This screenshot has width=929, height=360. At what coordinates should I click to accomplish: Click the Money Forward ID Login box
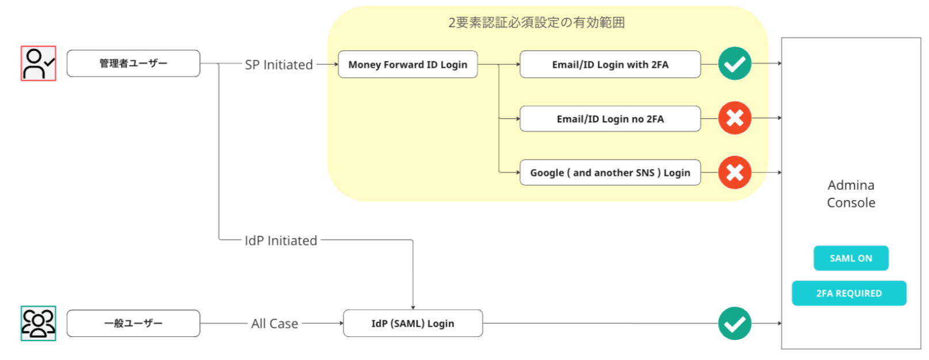(x=407, y=64)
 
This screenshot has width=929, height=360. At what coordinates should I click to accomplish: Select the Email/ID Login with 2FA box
(x=610, y=64)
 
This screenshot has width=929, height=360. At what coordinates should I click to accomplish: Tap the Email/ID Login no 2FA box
(x=610, y=118)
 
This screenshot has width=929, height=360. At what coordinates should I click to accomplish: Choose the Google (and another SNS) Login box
(x=610, y=173)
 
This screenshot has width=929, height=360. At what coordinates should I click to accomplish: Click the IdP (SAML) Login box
(x=412, y=323)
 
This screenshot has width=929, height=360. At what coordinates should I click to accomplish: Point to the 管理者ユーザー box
(x=133, y=63)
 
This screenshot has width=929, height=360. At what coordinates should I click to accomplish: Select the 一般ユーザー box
(x=133, y=323)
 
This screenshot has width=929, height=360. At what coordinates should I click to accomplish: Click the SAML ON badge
(x=850, y=258)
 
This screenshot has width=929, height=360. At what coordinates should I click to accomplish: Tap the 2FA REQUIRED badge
(x=848, y=293)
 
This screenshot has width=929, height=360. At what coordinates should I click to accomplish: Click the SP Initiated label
(x=279, y=64)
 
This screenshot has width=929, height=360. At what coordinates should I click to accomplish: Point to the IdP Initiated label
(x=281, y=240)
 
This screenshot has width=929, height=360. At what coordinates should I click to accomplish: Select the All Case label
(x=274, y=324)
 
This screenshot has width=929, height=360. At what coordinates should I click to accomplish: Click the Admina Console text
(x=851, y=194)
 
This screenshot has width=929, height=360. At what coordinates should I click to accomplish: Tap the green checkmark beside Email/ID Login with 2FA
(x=735, y=63)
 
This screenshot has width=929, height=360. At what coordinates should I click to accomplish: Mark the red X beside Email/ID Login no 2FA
(x=735, y=118)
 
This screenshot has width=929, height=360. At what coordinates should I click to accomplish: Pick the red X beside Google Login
(x=735, y=172)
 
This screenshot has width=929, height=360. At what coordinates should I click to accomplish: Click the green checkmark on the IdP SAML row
(x=735, y=323)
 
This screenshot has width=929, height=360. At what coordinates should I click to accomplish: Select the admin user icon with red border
(x=39, y=63)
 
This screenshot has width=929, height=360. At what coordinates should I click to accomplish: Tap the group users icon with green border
(x=39, y=323)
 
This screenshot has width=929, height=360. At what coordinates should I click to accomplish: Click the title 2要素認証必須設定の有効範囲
(x=536, y=22)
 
